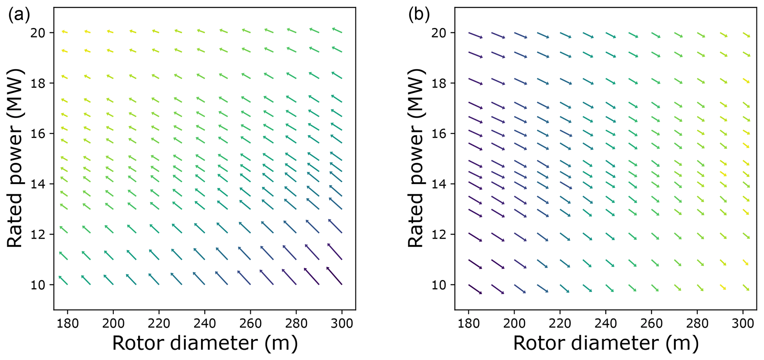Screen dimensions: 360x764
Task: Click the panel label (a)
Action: coord(18,15)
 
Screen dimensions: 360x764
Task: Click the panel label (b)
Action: coord(419,15)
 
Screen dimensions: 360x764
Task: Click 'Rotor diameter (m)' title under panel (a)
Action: coord(205,343)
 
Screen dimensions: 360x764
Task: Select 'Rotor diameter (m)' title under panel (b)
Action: coord(605,343)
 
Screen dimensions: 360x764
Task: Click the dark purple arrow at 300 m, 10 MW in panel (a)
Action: coord(335,276)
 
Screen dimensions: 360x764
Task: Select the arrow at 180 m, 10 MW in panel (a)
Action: coord(63,280)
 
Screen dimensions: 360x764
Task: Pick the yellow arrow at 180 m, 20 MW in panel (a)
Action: coord(65,32)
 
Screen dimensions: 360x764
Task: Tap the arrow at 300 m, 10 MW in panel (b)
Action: coord(745,288)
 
